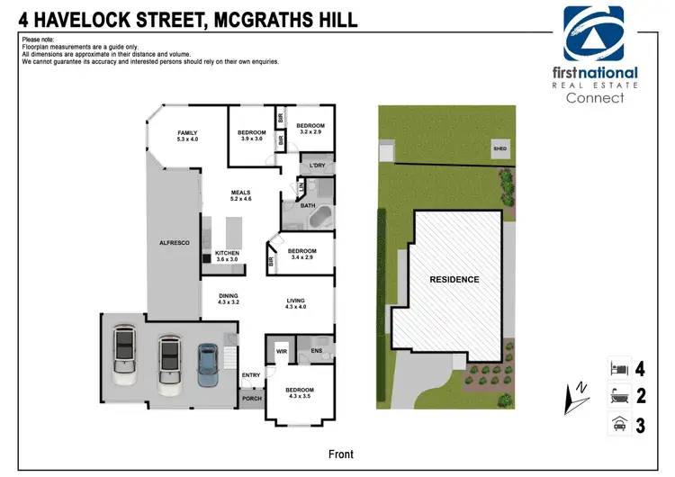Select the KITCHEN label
(227, 254)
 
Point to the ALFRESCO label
(173, 243)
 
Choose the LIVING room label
(296, 302)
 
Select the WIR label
(281, 351)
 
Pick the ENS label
(316, 351)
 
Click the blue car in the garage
(208, 367)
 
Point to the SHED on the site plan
(498, 150)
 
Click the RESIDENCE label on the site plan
(454, 279)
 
